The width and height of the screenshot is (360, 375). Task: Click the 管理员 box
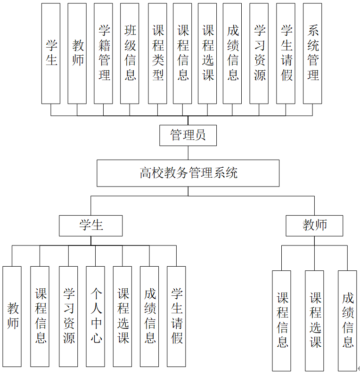[x=188, y=136]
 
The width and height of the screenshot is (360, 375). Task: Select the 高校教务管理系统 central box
[x=188, y=173]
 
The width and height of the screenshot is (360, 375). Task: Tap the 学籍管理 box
[x=103, y=53]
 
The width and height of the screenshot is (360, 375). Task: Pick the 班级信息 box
[x=130, y=53]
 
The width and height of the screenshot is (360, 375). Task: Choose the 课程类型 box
[x=157, y=53]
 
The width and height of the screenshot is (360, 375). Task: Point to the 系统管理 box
[x=312, y=53]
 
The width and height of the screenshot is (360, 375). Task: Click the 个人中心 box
[x=96, y=316]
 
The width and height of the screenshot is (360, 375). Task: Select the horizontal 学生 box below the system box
[x=90, y=225]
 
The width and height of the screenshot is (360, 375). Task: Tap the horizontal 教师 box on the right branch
[x=314, y=225]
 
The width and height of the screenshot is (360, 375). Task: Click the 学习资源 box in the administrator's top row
[x=259, y=53]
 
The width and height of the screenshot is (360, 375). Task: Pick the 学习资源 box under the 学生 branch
[x=68, y=316]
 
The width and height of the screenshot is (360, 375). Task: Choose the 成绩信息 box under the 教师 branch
[x=347, y=320]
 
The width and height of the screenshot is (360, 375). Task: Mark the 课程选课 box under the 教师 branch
[x=314, y=320]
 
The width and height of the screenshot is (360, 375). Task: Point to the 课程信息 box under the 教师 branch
[x=282, y=320]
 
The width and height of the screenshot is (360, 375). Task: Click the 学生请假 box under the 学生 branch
[x=176, y=316]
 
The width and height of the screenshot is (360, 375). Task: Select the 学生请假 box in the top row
[x=286, y=53]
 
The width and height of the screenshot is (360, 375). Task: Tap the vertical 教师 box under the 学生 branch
[x=12, y=316]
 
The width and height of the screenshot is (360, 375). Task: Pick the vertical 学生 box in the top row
[x=51, y=53]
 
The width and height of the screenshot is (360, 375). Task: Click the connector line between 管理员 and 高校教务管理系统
[x=188, y=153]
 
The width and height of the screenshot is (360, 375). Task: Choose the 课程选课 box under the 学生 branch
[x=123, y=316]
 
